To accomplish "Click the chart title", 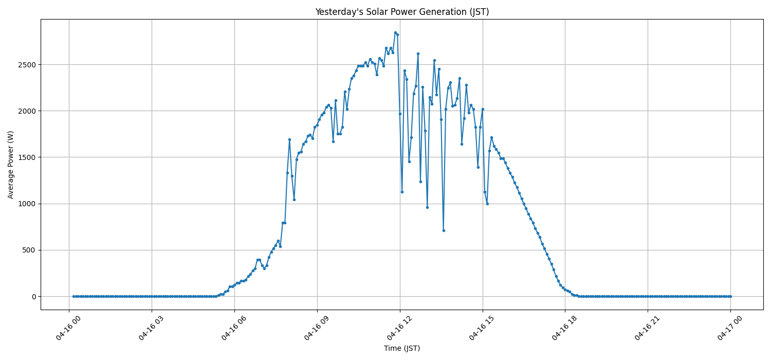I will [x=402, y=12].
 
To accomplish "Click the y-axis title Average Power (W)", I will [x=11, y=165].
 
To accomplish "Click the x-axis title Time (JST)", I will [x=402, y=348].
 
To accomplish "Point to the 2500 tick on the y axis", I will [x=28, y=65].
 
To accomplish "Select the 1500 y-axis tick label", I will [x=28, y=157].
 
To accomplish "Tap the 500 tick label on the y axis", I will [x=30, y=250].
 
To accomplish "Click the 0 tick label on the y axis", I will [x=34, y=297].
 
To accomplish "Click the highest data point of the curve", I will [x=395, y=32].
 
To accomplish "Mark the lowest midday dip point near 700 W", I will [x=444, y=230].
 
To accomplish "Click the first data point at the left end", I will [x=74, y=296].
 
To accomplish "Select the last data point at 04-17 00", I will [x=730, y=296].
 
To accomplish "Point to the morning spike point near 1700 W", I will [x=289, y=139].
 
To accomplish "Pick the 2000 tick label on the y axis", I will [x=28, y=111].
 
